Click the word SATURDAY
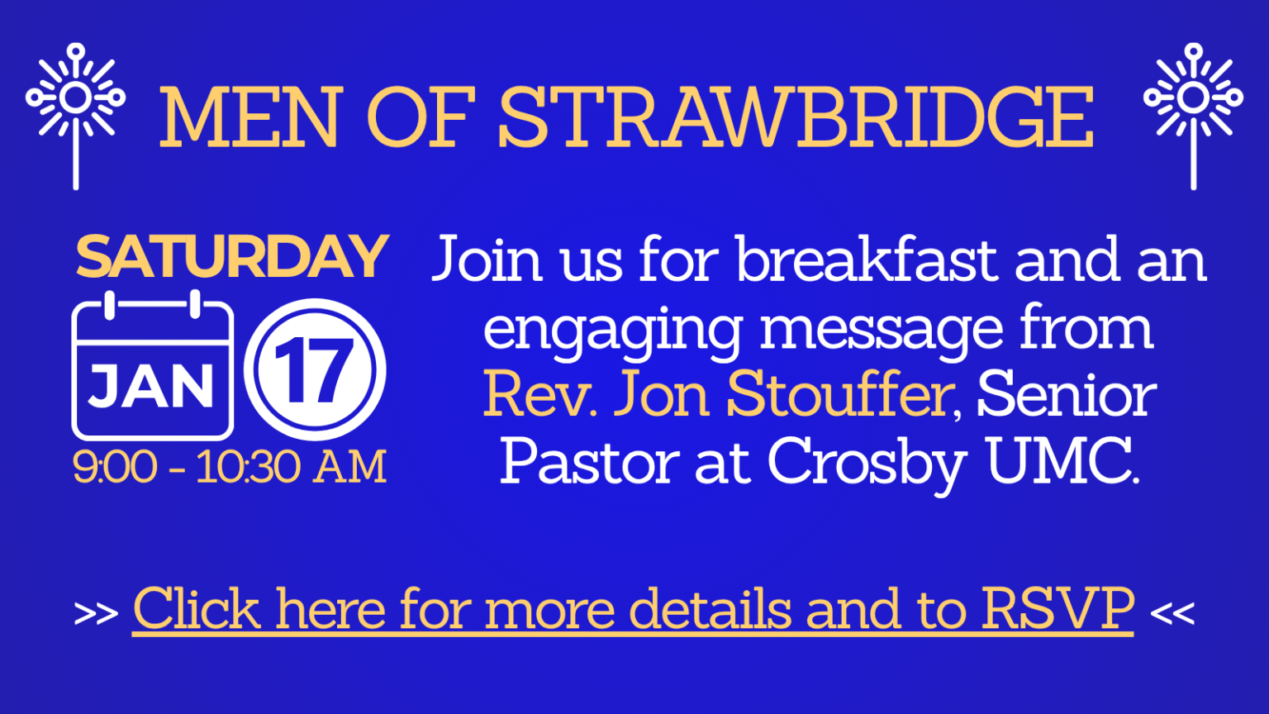[231, 257]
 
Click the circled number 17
[315, 369]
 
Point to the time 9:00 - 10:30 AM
[230, 467]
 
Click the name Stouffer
[839, 395]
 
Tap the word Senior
[1066, 395]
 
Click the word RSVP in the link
[1057, 609]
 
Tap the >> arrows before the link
[96, 614]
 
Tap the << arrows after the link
[1172, 614]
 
